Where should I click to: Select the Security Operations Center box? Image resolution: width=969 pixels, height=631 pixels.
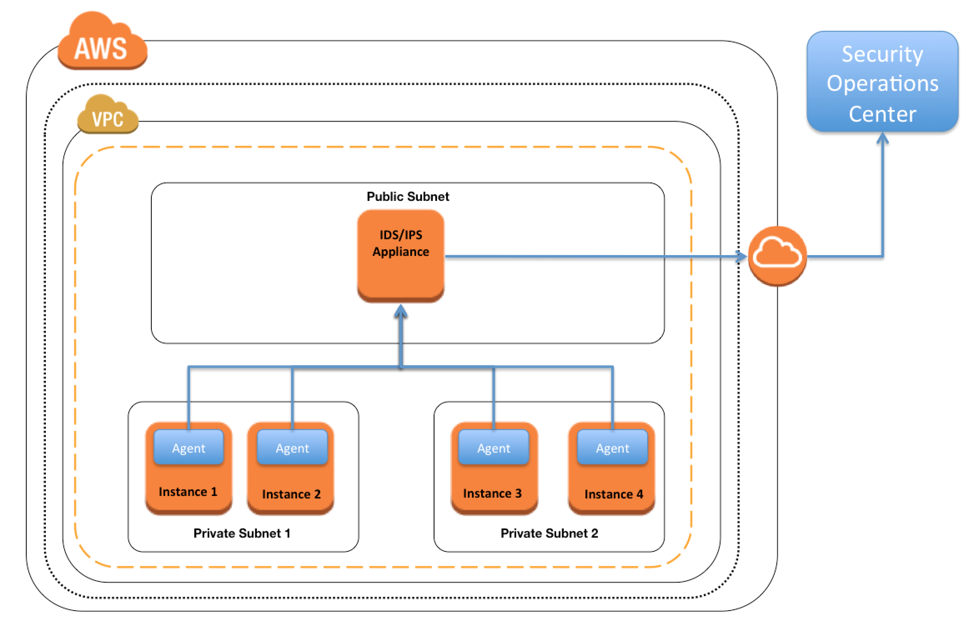[882, 82]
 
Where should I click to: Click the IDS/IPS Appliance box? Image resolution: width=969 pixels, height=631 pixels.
[401, 255]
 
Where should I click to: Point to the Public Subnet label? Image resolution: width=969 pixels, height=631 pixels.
[408, 196]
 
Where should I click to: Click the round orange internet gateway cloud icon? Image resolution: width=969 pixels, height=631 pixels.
[777, 256]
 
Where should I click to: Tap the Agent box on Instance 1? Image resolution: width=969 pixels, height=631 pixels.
[188, 447]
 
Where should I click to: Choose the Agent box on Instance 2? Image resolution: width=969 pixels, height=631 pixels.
[292, 447]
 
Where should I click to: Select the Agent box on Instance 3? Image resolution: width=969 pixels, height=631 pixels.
[494, 447]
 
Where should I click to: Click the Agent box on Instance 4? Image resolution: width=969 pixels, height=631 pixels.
[613, 447]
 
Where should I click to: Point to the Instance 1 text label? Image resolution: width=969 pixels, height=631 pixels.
[188, 492]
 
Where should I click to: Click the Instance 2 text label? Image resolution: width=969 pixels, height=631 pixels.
[291, 494]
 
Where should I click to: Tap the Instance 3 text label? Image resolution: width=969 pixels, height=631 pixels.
[492, 493]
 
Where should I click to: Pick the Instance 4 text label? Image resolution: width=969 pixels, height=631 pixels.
[614, 494]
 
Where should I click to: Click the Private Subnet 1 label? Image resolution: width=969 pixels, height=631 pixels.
[242, 533]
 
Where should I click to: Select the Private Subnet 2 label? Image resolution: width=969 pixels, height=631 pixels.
[549, 533]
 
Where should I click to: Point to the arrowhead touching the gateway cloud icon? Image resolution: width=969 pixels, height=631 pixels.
[741, 256]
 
